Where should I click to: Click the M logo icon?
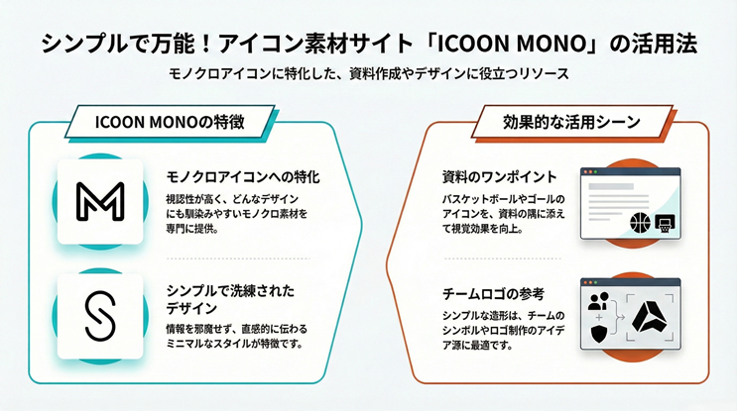tap(95, 201)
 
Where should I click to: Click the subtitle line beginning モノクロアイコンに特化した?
tap(367, 75)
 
